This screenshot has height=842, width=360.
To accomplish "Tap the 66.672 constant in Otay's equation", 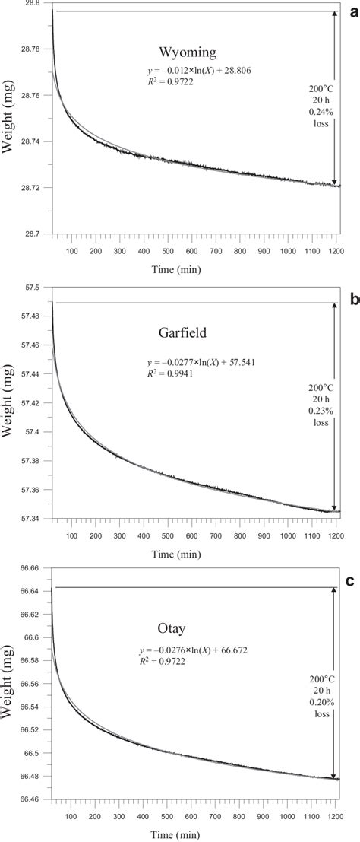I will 246,651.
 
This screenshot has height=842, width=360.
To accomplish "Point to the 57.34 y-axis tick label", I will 33,519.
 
